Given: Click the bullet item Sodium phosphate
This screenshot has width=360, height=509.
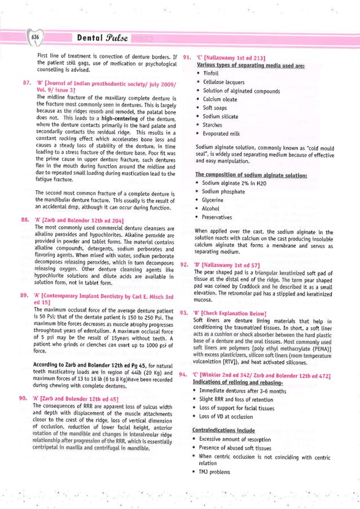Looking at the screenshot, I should [x=224, y=191].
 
